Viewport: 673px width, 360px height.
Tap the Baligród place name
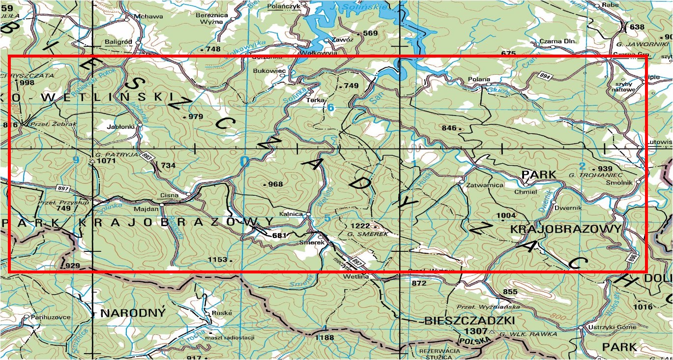[x=118, y=42]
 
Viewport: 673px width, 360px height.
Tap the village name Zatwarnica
[x=486, y=185]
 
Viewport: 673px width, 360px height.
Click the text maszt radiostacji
[x=230, y=337]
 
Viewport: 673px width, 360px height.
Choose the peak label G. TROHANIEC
[x=595, y=175]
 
